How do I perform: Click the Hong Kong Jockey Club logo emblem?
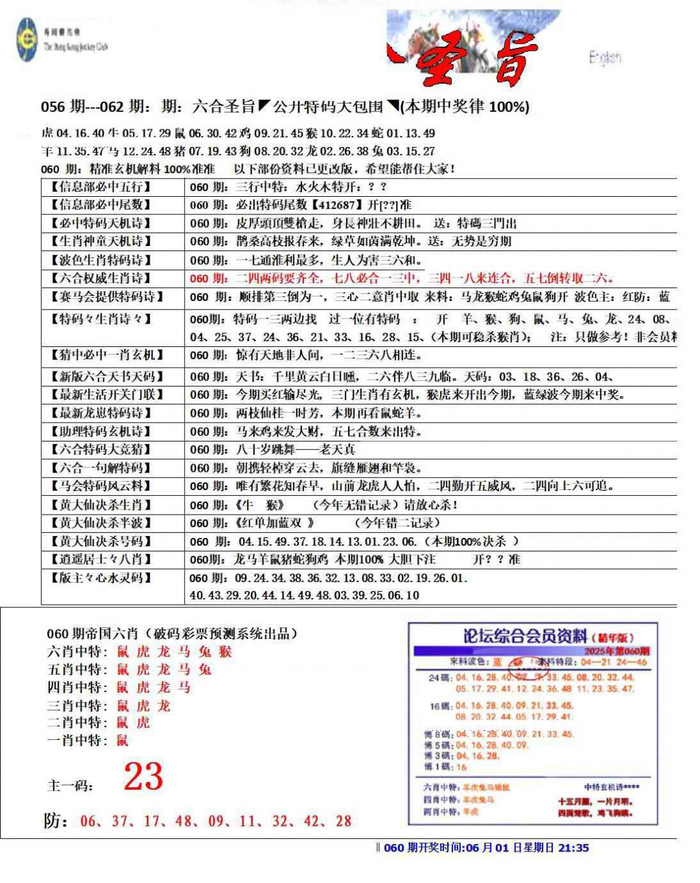[x=27, y=39]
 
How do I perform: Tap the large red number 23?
[x=143, y=776]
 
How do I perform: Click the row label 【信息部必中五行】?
[x=101, y=187]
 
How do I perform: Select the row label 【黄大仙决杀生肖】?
[x=101, y=505]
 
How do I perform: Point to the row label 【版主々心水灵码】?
[x=101, y=577]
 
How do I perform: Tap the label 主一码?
[x=70, y=786]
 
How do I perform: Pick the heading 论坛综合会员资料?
[x=525, y=636]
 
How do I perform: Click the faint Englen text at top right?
[x=605, y=58]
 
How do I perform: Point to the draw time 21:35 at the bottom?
[x=573, y=847]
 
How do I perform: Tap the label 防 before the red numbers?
[x=55, y=821]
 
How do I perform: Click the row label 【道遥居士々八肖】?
[x=101, y=559]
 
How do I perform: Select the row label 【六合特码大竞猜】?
[x=101, y=449]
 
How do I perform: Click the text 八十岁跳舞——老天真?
[x=295, y=449]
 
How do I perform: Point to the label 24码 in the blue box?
[x=441, y=678]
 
